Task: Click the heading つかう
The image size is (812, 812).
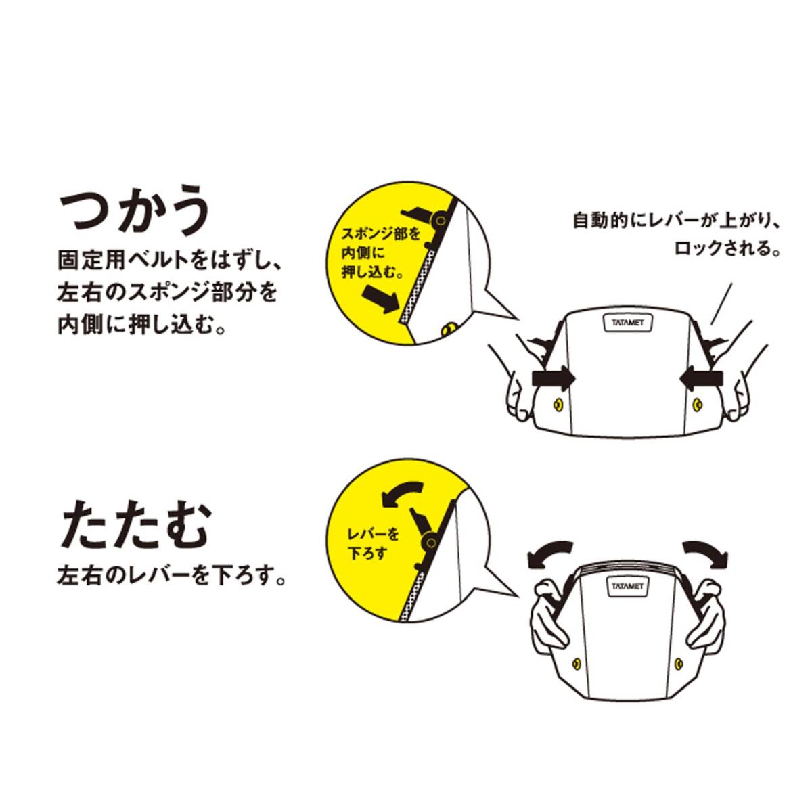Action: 135,215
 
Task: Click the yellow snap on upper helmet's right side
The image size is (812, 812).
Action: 696,405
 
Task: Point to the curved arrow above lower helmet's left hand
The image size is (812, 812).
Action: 548,556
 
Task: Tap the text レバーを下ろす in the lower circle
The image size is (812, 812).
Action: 373,544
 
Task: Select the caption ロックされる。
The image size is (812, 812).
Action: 727,248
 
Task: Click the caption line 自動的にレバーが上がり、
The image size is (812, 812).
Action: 675,220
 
